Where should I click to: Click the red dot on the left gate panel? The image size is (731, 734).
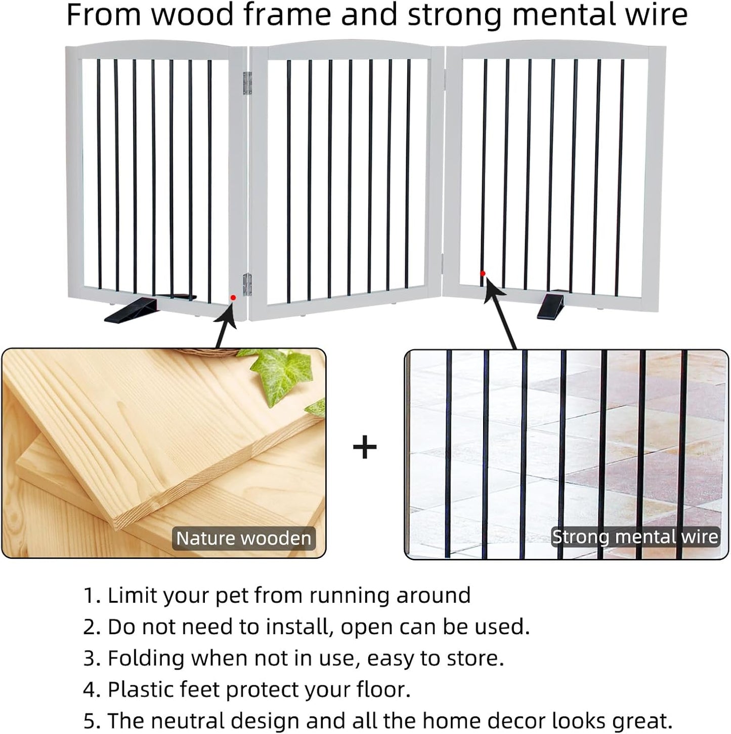pyautogui.click(x=233, y=298)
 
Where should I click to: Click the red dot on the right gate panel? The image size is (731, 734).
pyautogui.click(x=483, y=273)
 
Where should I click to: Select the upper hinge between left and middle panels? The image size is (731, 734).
pyautogui.click(x=247, y=83)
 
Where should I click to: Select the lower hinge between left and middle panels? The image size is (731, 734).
pyautogui.click(x=247, y=284)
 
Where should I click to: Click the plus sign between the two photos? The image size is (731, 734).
pyautogui.click(x=365, y=447)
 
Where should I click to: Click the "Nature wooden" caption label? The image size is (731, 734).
pyautogui.click(x=243, y=538)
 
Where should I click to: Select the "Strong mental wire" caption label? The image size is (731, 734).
pyautogui.click(x=635, y=537)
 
